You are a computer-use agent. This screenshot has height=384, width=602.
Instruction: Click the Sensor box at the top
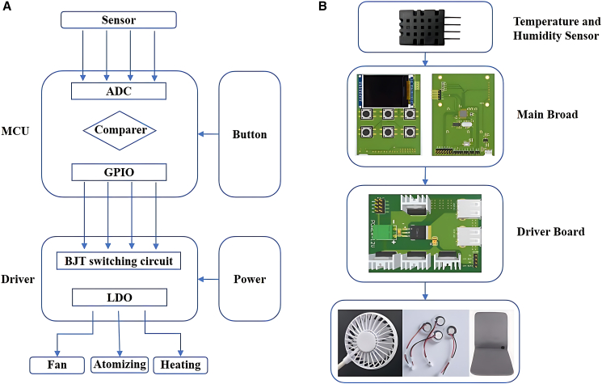point(119,20)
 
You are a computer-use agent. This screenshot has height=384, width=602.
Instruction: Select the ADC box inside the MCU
point(119,91)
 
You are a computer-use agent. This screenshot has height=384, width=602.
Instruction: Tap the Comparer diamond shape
point(120,131)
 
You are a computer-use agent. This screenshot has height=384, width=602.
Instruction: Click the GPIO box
point(119,172)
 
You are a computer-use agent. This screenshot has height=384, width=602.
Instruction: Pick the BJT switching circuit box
point(119,261)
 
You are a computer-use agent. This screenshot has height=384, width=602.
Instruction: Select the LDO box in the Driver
point(120,297)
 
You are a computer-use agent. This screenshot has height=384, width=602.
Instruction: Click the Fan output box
point(57,365)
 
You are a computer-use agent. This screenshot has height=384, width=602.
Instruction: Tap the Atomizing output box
point(120,365)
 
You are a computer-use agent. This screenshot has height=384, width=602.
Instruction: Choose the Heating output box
point(180,365)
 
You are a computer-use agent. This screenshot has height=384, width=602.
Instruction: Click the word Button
point(250,134)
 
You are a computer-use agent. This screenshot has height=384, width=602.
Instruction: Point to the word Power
point(250,279)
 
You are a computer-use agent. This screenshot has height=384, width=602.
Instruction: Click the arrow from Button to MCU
point(208,134)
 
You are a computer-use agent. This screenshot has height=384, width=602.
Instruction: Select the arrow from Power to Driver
point(208,279)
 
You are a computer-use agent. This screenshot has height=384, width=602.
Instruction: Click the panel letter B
point(322,6)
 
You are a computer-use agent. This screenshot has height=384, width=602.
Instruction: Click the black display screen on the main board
point(386,91)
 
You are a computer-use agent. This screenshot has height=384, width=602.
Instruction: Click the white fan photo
point(370,343)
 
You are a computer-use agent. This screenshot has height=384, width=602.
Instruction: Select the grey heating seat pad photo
point(493,343)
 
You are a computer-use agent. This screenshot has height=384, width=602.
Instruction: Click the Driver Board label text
point(550,231)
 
